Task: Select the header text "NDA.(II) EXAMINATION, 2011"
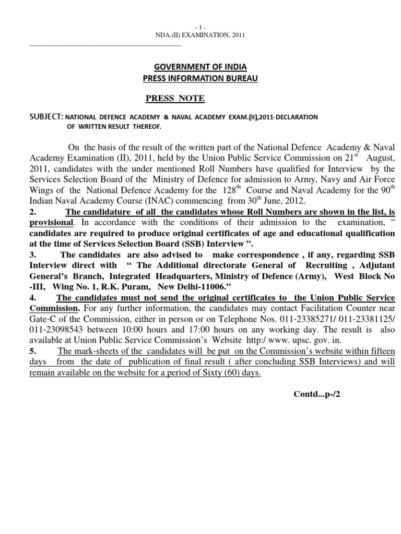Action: click(x=200, y=35)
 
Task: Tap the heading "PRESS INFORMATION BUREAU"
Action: click(x=200, y=79)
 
